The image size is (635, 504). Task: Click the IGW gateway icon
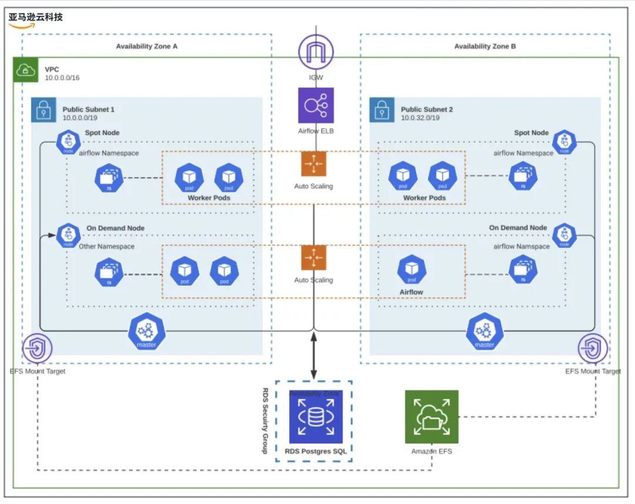pyautogui.click(x=316, y=52)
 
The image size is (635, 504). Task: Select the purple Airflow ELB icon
pyautogui.click(x=316, y=105)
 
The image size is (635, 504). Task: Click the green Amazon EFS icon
pyautogui.click(x=432, y=416)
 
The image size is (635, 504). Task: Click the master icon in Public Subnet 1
pyautogui.click(x=146, y=332)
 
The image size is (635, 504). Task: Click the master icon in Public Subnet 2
pyautogui.click(x=484, y=332)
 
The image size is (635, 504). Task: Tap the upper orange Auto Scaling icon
pyautogui.click(x=313, y=164)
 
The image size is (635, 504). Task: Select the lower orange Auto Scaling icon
pyautogui.click(x=313, y=258)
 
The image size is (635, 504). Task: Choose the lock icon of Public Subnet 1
pyautogui.click(x=43, y=109)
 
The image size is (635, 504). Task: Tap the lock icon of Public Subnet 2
pyautogui.click(x=382, y=109)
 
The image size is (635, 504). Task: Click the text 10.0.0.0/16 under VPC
pyautogui.click(x=62, y=78)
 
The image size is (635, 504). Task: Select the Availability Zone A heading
pyautogui.click(x=146, y=46)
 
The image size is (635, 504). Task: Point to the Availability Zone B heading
pyautogui.click(x=485, y=46)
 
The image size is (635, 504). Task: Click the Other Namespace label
pyautogui.click(x=106, y=247)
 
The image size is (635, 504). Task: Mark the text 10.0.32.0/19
pyautogui.click(x=420, y=117)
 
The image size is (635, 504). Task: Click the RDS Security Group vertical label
pyautogui.click(x=265, y=420)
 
